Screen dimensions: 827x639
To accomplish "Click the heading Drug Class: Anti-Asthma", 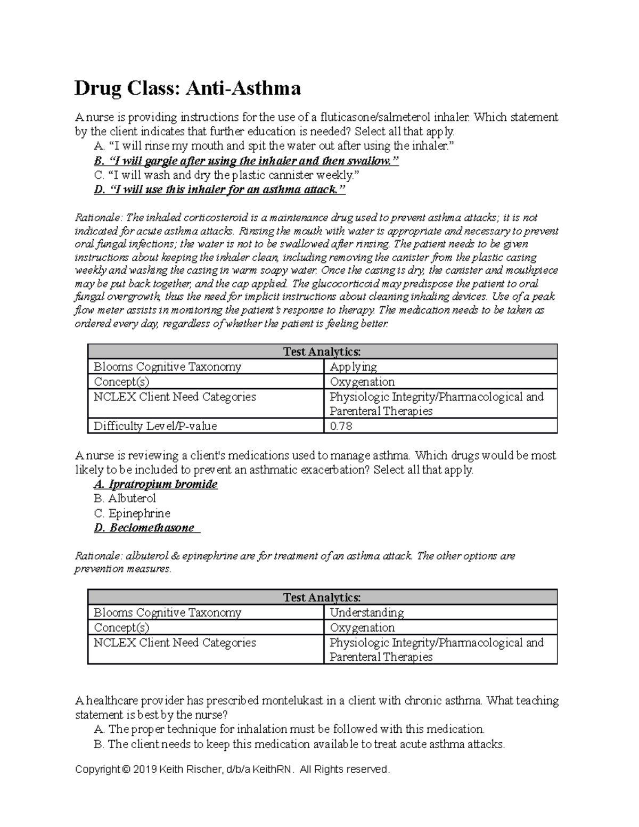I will [187, 88].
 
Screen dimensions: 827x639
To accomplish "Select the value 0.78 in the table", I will [341, 426].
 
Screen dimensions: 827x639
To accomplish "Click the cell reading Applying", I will [353, 367].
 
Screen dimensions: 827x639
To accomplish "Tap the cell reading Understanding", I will [366, 613].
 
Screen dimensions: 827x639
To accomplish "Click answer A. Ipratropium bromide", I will [155, 484].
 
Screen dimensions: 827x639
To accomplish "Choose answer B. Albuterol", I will [125, 499].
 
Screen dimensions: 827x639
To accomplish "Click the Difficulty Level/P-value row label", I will [155, 426].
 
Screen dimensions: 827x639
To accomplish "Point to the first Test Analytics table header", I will [322, 351].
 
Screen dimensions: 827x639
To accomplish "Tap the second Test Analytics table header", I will [322, 597].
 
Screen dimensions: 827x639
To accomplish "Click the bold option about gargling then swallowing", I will [245, 161].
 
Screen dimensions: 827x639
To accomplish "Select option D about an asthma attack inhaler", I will [219, 190].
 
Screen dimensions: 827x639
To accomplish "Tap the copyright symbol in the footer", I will [125, 770].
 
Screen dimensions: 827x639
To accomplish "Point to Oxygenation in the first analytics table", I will [362, 382].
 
